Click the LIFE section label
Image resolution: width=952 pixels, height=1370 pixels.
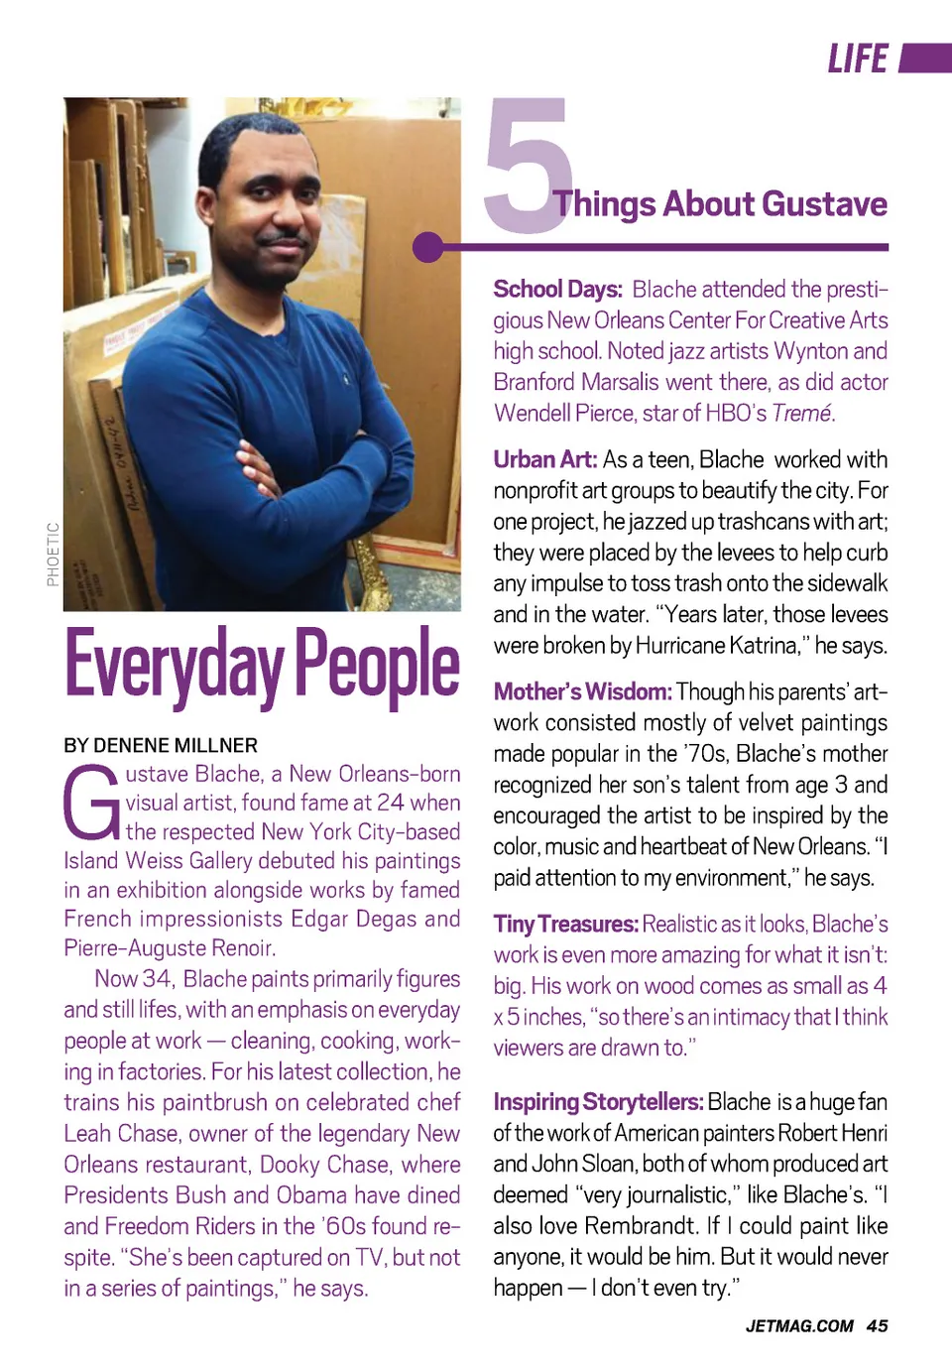[x=858, y=60]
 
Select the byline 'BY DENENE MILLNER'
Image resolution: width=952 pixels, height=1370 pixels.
[x=161, y=745]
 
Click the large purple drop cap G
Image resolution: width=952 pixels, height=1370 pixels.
[x=91, y=804]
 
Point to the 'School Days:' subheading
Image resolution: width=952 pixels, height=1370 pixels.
[x=557, y=290]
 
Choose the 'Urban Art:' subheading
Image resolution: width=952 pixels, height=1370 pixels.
[x=544, y=460]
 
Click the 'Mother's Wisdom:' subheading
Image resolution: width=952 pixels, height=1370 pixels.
[x=582, y=691]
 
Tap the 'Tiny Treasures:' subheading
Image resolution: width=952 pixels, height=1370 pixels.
[x=565, y=925]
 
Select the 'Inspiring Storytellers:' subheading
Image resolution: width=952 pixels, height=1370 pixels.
[x=598, y=1102]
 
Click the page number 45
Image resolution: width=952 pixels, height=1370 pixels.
[x=877, y=1326]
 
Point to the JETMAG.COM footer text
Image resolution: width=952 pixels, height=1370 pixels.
[x=799, y=1326]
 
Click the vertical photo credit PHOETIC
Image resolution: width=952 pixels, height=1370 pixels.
[x=53, y=555]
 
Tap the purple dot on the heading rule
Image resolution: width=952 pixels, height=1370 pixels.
[x=428, y=247]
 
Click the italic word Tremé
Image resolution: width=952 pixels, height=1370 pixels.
[x=802, y=414]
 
